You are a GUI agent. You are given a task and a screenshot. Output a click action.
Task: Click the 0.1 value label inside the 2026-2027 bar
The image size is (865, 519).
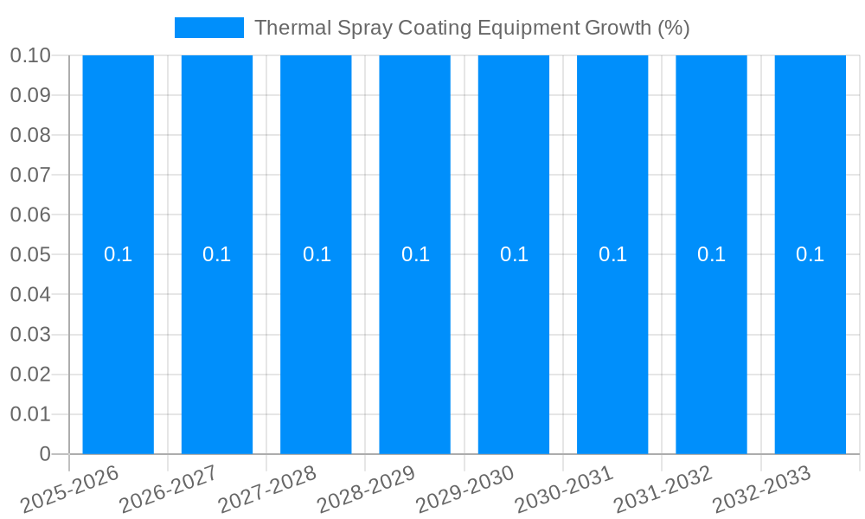coord(216,254)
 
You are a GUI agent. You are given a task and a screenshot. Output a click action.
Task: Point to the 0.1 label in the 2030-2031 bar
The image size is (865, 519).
coord(612,254)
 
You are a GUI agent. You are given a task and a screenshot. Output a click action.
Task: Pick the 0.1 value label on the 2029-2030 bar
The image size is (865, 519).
coord(514,254)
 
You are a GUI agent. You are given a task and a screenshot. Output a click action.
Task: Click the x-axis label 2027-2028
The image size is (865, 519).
coord(268,490)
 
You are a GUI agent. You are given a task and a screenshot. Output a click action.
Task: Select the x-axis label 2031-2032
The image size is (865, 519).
coord(663,490)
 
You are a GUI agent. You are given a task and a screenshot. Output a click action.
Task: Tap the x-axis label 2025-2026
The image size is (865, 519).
coord(70,490)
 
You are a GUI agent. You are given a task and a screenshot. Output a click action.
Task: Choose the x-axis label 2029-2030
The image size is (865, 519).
coord(465,490)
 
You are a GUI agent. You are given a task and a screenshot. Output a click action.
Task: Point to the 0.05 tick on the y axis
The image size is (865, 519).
coord(29,255)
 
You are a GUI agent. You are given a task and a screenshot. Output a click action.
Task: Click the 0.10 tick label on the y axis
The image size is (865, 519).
coord(29,55)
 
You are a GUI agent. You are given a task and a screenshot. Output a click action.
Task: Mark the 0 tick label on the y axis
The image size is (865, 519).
coord(45,454)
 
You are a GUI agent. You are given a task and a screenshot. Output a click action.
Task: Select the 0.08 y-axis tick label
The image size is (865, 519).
coord(29,135)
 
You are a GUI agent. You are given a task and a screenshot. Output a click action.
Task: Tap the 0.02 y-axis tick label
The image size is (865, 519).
coord(29,375)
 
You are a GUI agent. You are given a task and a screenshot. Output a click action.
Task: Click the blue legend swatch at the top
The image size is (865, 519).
coord(208,28)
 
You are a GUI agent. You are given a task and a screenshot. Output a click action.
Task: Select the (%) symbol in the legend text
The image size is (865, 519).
coord(673,28)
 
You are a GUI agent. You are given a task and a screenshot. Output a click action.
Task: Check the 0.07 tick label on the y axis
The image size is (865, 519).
coord(29,175)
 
